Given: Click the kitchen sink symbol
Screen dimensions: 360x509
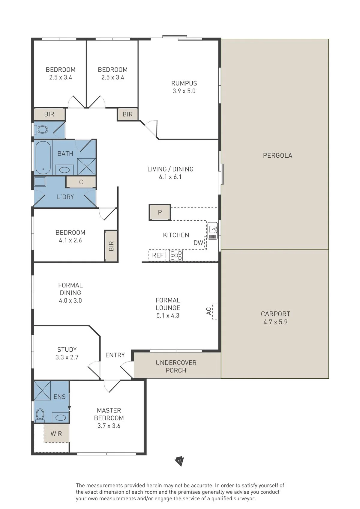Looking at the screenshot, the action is [212, 231].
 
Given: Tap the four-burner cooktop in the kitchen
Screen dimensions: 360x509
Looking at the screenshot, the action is [176, 255].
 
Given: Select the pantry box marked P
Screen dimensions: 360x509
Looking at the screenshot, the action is [160, 212].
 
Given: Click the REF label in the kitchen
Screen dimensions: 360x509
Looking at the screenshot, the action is [158, 255].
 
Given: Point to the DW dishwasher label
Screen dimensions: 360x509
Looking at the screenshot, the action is [198, 243].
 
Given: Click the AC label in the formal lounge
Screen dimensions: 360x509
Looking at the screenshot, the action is [208, 311].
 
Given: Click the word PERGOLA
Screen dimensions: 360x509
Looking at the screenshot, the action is [277, 155].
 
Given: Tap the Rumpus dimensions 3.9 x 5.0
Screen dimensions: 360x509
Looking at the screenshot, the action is [184, 91].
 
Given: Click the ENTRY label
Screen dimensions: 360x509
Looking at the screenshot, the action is [115, 355].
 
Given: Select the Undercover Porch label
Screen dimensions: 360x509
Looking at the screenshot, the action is [176, 367].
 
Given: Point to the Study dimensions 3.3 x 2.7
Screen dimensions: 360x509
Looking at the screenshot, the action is [67, 357].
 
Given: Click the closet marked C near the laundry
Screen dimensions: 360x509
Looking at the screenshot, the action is [81, 182].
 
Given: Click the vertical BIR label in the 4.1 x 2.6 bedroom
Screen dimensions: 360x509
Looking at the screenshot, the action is [111, 246].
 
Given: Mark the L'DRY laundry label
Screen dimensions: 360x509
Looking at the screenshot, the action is [65, 197].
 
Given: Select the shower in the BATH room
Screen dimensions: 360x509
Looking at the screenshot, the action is [86, 167].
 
